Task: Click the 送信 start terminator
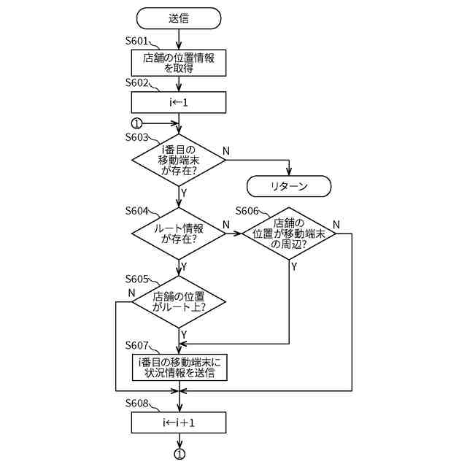(179, 18)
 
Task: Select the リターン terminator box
(289, 186)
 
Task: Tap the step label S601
(136, 41)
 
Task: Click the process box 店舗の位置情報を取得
(179, 63)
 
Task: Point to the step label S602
(136, 82)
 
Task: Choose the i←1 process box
(179, 102)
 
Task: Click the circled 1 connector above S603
(136, 123)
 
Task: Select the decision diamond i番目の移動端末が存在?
(179, 161)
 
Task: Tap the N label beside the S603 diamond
(226, 151)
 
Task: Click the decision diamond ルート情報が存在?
(179, 233)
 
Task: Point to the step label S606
(247, 211)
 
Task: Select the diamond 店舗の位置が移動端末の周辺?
(289, 233)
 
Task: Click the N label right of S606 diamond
(336, 225)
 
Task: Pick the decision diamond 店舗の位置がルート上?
(179, 302)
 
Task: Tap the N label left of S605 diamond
(131, 293)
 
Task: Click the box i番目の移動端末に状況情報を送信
(180, 367)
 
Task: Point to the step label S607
(136, 345)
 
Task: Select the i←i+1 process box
(179, 422)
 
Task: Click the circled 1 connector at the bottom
(180, 454)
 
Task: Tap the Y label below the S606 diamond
(294, 266)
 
